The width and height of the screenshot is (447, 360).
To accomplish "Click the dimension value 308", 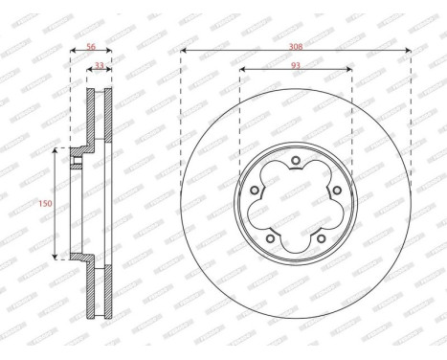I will [296, 44].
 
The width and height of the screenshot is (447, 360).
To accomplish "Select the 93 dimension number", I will [296, 64].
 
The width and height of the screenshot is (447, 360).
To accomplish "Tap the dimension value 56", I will [91, 44].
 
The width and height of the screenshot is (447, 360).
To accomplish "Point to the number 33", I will [100, 64].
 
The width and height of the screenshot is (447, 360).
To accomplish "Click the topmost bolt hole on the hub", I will [296, 160].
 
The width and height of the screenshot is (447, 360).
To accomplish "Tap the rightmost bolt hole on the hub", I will [337, 191].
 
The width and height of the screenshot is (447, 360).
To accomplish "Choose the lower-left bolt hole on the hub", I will [270, 239].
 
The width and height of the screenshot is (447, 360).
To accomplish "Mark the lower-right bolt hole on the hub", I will [322, 239].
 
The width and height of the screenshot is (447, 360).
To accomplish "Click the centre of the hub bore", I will [296, 204].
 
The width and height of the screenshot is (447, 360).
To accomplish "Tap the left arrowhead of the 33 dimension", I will [90, 70].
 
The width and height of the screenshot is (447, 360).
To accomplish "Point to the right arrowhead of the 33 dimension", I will [110, 70].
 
